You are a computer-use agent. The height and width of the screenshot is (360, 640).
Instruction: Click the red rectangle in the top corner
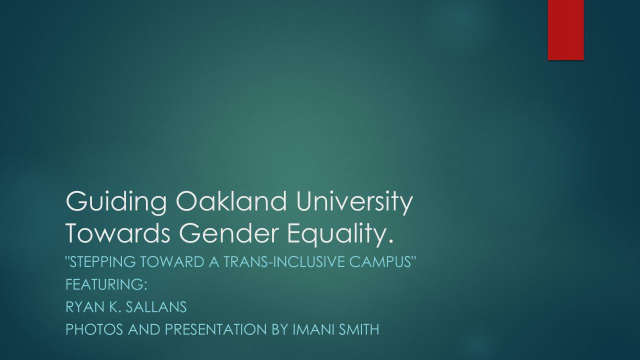565,30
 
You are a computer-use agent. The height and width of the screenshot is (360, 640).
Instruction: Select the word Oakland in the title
231,201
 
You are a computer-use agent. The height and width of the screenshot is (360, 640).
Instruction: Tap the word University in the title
354,203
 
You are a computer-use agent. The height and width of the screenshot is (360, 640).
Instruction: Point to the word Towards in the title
118,233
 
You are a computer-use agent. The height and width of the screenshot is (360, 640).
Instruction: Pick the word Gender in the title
228,233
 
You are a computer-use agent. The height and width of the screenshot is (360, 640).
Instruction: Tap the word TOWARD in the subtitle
171,261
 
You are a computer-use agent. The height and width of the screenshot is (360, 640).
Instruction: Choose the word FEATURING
106,284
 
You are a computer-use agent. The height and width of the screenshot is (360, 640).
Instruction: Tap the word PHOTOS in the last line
94,329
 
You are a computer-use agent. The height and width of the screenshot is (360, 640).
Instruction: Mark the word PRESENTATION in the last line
215,329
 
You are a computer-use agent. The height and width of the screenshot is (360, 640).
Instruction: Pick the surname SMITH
358,329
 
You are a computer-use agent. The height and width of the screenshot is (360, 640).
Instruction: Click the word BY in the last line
280,329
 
